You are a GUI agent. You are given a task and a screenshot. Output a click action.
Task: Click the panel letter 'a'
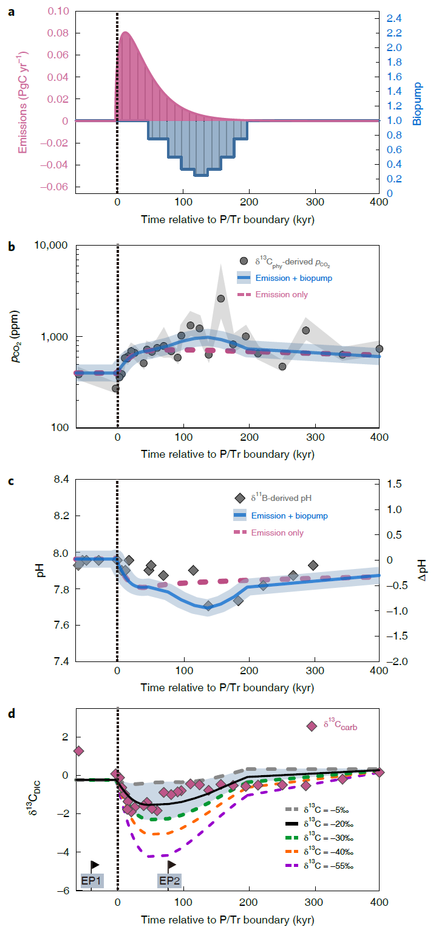pyautogui.click(x=12, y=12)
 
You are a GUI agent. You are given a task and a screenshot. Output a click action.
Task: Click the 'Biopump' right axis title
pyautogui.click(x=417, y=104)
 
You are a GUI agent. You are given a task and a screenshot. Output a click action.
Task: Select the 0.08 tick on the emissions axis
pyautogui.click(x=58, y=33)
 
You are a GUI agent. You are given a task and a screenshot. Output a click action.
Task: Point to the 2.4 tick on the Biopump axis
pyautogui.click(x=394, y=18)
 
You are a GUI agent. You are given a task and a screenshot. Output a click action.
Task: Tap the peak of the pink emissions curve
pyautogui.click(x=125, y=32)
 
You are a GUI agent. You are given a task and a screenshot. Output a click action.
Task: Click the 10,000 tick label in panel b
pyautogui.click(x=51, y=246)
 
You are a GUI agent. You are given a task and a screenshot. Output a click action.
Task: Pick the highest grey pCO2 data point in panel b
pyautogui.click(x=220, y=298)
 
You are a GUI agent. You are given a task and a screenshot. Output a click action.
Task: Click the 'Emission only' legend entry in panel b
pyautogui.click(x=273, y=295)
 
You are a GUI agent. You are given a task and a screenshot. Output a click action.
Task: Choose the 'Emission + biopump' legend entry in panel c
pyautogui.click(x=281, y=516)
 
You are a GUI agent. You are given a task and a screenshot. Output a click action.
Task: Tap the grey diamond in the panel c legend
pyautogui.click(x=240, y=498)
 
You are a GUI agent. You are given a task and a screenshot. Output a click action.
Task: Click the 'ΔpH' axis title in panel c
pyautogui.click(x=421, y=570)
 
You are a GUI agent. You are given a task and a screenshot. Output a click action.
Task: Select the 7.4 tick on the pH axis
pyautogui.click(x=61, y=661)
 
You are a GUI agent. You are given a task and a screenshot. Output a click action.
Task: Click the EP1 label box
pyautogui.click(x=92, y=881)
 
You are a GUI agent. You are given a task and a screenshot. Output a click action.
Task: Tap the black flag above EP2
pyautogui.click(x=171, y=864)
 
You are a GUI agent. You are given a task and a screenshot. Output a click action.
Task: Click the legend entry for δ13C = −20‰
pyautogui.click(x=319, y=824)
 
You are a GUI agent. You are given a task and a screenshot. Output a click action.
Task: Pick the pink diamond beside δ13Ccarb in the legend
pyautogui.click(x=312, y=726)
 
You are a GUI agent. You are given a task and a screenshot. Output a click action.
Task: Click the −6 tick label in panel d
pyautogui.click(x=63, y=891)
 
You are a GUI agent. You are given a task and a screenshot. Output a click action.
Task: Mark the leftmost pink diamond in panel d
pyautogui.click(x=78, y=751)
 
